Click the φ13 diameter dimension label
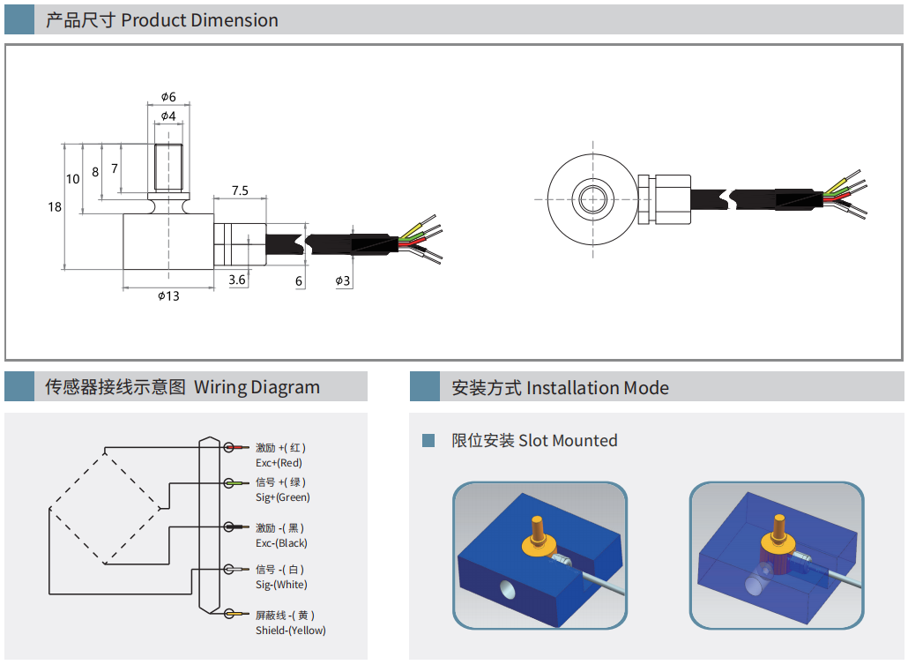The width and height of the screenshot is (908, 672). [x=168, y=295]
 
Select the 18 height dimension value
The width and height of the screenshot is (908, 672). [x=55, y=206]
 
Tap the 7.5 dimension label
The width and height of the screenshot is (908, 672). [x=240, y=190]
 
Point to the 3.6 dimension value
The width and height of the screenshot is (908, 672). [x=237, y=280]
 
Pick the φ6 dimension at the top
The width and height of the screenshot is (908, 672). [x=168, y=96]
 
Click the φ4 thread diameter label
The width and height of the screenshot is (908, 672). [x=168, y=116]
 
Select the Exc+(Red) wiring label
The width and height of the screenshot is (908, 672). [x=279, y=463]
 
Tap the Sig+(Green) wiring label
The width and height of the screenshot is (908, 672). [x=283, y=497]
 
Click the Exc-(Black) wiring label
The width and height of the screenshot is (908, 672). [x=282, y=543]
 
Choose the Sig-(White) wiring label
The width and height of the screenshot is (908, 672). [x=282, y=585]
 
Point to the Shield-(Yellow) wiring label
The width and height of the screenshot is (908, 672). [x=291, y=631]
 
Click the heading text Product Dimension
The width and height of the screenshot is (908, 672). [x=199, y=20]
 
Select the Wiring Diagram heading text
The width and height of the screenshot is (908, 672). [x=257, y=387]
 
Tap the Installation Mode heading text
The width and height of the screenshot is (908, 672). [x=597, y=388]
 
